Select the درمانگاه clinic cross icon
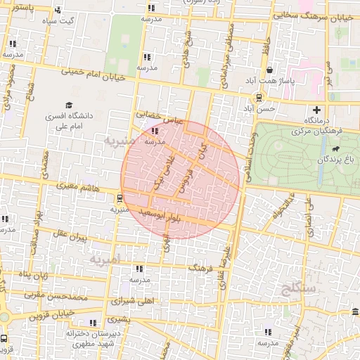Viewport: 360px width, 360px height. tap(317, 110)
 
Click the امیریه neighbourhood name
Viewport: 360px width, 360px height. tap(105, 259)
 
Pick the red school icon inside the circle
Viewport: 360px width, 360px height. tap(155, 130)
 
